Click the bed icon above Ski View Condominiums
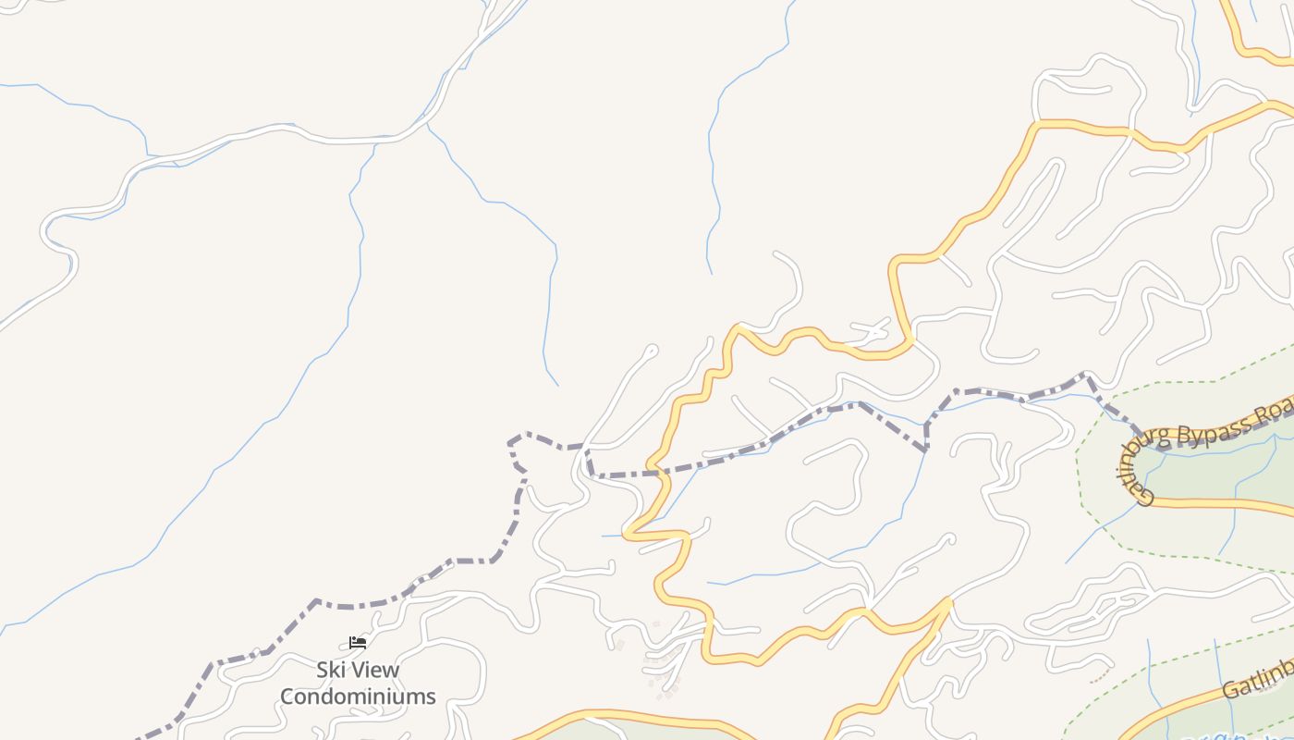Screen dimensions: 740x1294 coord(358,643)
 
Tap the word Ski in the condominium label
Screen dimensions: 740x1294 coord(333,670)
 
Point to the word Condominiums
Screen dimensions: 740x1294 coord(358,697)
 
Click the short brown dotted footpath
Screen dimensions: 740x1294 coord(1100,677)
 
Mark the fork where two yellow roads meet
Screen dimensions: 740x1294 coord(947,602)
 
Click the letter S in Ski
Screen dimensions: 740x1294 coord(323,670)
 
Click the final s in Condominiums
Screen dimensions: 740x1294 coord(431,697)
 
